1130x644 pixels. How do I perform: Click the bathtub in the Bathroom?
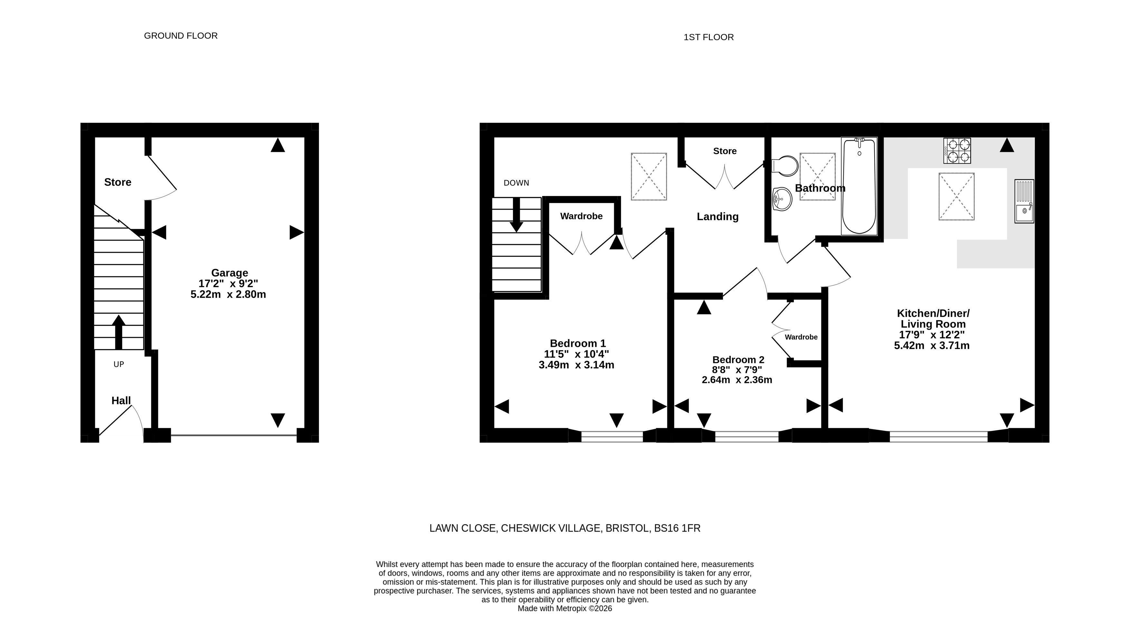click(x=859, y=186)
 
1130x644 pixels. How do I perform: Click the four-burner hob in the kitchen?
click(x=957, y=151)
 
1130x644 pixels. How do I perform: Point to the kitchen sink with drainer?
click(x=1024, y=201)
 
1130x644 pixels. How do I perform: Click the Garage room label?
click(x=229, y=273)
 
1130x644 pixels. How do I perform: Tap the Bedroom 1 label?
click(x=577, y=343)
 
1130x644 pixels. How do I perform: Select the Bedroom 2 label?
click(x=738, y=360)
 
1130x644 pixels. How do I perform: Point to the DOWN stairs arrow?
click(x=516, y=215)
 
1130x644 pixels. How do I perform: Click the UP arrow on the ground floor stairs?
click(x=119, y=332)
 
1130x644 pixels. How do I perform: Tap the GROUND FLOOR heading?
click(x=181, y=36)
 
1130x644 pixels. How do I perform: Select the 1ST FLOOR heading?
click(x=709, y=37)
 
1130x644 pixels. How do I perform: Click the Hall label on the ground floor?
click(x=121, y=401)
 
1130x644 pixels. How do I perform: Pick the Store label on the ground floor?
click(x=118, y=182)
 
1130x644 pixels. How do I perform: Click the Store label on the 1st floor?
click(x=725, y=151)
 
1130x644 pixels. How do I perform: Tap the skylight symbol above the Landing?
click(x=649, y=177)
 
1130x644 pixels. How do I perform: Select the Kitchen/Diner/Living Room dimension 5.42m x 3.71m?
click(x=932, y=346)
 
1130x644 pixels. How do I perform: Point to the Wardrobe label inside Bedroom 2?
click(x=801, y=337)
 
